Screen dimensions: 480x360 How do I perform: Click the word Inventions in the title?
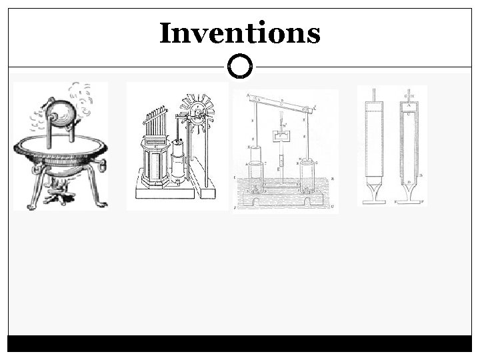pos(240,33)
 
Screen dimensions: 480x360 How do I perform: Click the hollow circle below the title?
pos(240,67)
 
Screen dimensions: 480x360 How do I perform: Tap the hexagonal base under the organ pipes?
pos(152,164)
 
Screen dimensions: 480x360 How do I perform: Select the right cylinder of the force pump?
pos(307,177)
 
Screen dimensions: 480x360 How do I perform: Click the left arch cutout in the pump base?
pos(257,198)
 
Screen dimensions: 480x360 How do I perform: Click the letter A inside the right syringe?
pos(407,104)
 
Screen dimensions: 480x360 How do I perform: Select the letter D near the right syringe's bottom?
pos(407,183)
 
